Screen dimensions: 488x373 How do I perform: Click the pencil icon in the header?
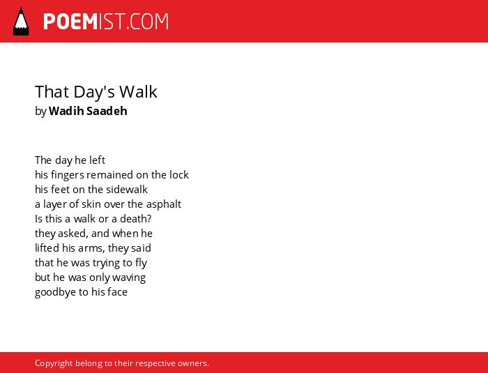point(21,22)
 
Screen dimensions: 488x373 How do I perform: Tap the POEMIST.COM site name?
point(106,22)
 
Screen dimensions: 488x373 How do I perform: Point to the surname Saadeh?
point(107,111)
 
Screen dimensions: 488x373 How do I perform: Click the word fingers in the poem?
point(68,175)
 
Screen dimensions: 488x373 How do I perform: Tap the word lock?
point(179,175)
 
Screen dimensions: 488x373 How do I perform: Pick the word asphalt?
point(164,204)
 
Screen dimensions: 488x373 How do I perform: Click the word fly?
point(141,263)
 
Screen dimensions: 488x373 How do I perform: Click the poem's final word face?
point(117,292)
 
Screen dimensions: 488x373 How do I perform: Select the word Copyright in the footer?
point(54,363)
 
